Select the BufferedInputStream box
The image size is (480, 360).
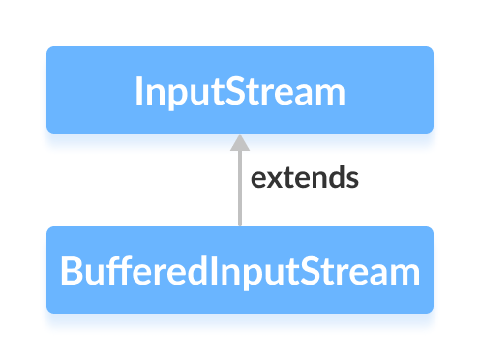point(239,270)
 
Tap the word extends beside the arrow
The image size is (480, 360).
point(305,179)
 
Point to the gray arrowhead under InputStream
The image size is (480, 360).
point(239,142)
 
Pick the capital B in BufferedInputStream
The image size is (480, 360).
point(71,271)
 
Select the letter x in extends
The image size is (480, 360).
point(273,180)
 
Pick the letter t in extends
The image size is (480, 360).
point(286,179)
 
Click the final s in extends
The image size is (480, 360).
point(353,180)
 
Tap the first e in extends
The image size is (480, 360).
point(258,180)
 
